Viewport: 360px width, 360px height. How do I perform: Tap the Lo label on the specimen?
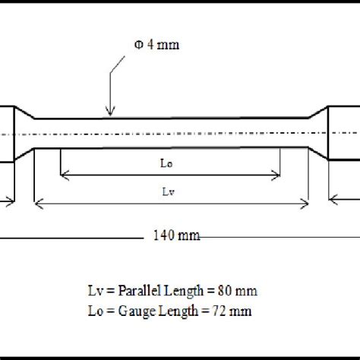pos(169,162)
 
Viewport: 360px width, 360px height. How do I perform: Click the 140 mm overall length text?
pos(172,236)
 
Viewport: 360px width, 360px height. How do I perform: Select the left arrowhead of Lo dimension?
pos(63,175)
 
